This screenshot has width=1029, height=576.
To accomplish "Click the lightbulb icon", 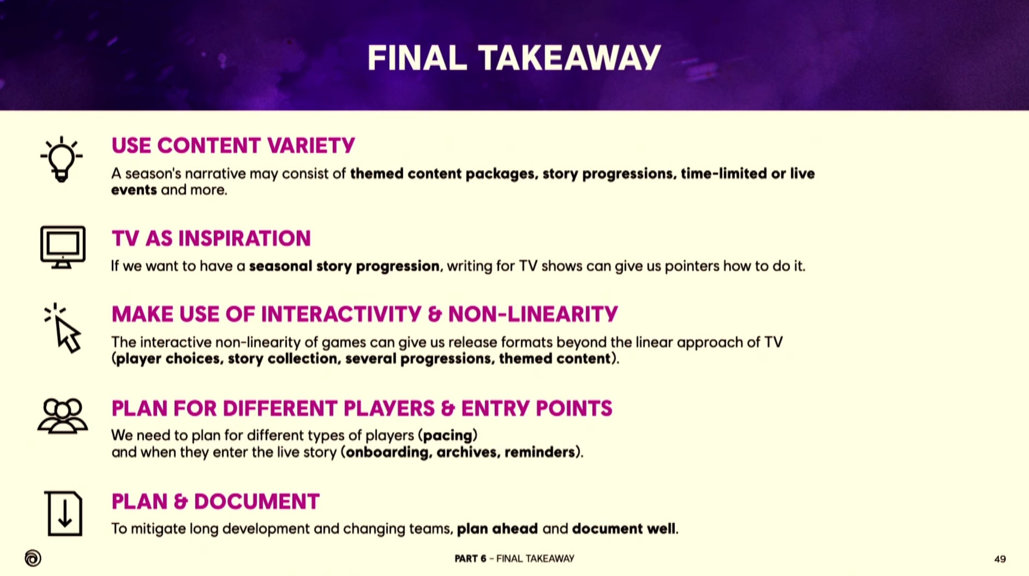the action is (x=62, y=159).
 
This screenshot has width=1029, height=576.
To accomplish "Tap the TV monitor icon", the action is (x=63, y=247).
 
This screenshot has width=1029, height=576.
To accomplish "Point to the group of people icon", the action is (x=62, y=416).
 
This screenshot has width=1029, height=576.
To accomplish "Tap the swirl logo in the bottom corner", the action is (x=33, y=558).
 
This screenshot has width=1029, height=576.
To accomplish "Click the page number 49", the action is (x=1000, y=559).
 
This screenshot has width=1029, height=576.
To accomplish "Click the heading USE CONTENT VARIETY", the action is (x=233, y=146).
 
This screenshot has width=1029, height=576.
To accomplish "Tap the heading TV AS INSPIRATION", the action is (x=211, y=238).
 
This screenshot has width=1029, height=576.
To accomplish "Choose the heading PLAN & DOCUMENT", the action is (x=216, y=501).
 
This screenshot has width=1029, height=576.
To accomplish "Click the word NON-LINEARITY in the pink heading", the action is (x=533, y=314).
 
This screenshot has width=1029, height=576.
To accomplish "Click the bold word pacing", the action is (x=448, y=436).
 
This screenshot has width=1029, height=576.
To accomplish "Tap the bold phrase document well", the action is (x=624, y=529).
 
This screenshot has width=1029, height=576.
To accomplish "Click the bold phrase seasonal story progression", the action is (x=344, y=266).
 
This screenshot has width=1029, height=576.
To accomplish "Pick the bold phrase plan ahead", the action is (x=497, y=529).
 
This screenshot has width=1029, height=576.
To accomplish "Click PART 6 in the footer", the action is (x=470, y=559).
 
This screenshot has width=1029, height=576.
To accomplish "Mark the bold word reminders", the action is (x=539, y=452).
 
